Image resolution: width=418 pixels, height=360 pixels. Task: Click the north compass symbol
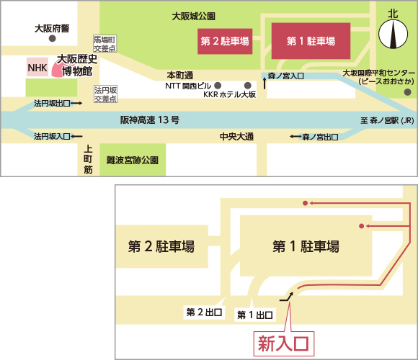[393, 34]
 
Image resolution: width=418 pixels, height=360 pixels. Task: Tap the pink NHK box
[37, 67]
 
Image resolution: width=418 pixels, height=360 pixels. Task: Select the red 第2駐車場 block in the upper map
[225, 41]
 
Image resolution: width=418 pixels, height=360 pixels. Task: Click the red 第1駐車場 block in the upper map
[311, 41]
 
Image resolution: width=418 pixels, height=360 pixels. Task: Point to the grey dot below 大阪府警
[52, 38]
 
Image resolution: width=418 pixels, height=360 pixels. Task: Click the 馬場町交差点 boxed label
[104, 44]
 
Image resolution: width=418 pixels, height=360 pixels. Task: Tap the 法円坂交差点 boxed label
[105, 94]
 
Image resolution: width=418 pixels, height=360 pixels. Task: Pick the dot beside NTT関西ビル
[218, 86]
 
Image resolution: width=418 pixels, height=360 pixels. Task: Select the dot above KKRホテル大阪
[248, 86]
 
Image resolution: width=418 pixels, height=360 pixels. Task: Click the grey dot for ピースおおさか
[407, 92]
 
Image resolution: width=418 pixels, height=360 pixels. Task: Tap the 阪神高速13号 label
[150, 120]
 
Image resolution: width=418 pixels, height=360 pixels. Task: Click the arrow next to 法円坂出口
[76, 103]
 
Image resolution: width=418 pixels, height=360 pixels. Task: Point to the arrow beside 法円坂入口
[77, 136]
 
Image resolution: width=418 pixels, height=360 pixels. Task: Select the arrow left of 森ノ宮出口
[295, 137]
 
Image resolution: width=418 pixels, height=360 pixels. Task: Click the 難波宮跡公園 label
[133, 160]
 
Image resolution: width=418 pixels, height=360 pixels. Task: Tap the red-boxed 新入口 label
[284, 343]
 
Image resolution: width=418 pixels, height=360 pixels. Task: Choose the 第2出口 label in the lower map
[204, 312]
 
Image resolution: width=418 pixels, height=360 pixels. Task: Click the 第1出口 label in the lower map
[255, 315]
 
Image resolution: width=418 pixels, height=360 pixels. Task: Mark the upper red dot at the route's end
[306, 203]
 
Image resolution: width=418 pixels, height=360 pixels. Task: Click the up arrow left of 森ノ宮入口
[264, 83]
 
